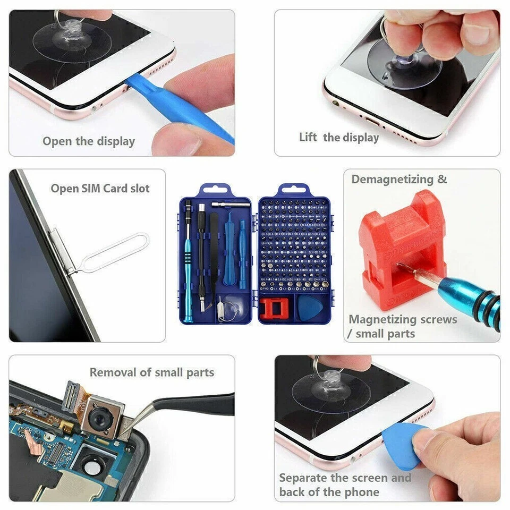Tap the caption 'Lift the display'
pyautogui.click(x=339, y=138)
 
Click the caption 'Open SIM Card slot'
pyautogui.click(x=100, y=189)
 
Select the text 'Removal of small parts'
pyautogui.click(x=152, y=372)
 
